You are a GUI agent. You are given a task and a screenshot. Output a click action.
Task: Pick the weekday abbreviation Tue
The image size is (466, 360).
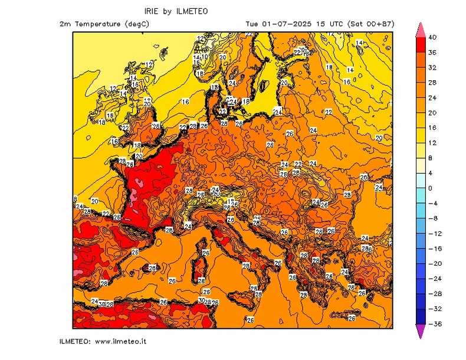coord(252,24)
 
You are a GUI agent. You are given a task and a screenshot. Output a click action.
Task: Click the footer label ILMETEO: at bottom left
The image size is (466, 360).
coord(75,341)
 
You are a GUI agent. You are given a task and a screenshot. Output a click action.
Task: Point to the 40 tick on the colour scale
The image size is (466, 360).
coord(432,37)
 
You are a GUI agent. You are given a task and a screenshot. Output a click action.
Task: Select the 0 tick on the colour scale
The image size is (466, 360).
coord(430,188)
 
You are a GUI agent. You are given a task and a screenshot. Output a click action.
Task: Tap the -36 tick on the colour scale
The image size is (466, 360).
coord(433,324)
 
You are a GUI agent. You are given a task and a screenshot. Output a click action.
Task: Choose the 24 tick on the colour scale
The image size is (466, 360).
coord(432,97)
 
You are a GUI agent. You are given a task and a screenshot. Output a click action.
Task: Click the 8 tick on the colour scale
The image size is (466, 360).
coord(430,158)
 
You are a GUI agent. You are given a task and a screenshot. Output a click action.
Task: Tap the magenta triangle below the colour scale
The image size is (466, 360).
coord(421,332)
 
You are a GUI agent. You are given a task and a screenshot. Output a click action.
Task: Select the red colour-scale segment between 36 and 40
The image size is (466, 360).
coord(421,45)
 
